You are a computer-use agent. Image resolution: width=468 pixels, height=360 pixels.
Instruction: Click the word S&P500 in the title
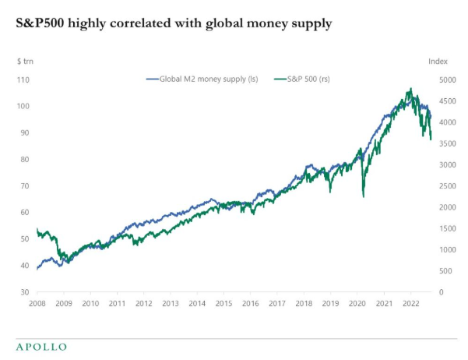click(40, 24)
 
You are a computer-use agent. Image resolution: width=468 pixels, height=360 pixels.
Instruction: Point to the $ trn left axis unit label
click(25, 60)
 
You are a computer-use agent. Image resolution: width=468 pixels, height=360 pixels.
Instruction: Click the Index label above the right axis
click(438, 60)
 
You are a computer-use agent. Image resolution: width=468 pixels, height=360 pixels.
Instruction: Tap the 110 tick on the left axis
click(23, 79)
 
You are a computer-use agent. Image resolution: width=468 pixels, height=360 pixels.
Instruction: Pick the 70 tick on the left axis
click(24, 185)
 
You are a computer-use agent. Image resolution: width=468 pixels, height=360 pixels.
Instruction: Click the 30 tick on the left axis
click(24, 292)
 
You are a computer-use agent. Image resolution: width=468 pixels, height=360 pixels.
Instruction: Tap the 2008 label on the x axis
click(37, 304)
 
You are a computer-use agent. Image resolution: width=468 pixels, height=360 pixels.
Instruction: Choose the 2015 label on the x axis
click(223, 304)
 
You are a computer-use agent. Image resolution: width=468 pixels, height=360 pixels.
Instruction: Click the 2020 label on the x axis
click(357, 304)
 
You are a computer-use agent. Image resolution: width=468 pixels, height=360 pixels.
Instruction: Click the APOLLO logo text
click(41, 347)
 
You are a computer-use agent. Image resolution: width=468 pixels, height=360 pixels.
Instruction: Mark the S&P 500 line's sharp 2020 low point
click(364, 196)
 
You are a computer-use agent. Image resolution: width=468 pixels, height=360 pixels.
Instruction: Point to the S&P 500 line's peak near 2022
click(410, 89)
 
